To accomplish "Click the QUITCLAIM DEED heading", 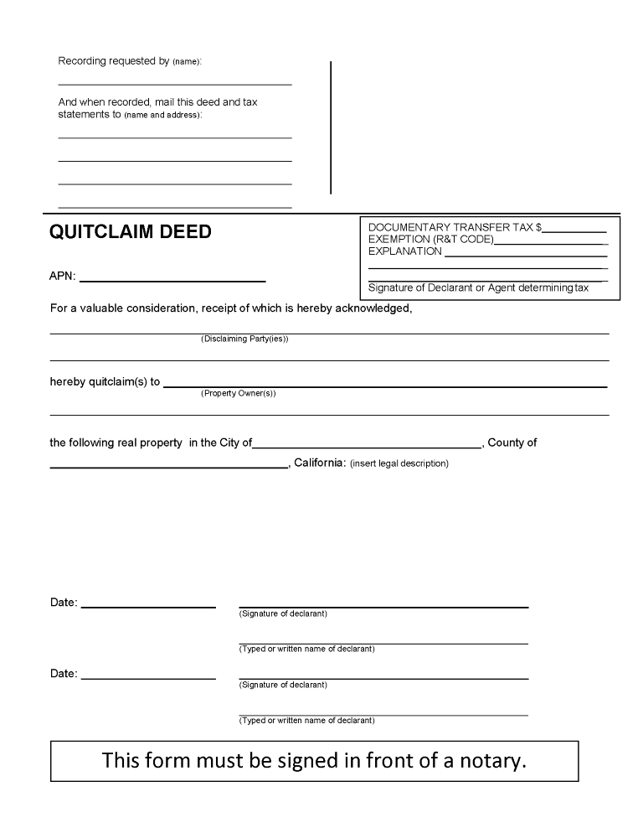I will pyautogui.click(x=131, y=232).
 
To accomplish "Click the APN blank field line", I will pyautogui.click(x=172, y=280).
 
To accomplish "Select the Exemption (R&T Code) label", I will pyautogui.click(x=431, y=240).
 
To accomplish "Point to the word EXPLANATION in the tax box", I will pyautogui.click(x=405, y=251).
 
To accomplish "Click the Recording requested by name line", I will pyautogui.click(x=174, y=84).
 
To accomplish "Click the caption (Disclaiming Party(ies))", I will pyautogui.click(x=244, y=339).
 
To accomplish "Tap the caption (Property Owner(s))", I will pyautogui.click(x=238, y=393).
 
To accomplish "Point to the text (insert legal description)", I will pyautogui.click(x=399, y=463).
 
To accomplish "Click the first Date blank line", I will pyautogui.click(x=148, y=606).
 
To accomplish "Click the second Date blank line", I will pyautogui.click(x=148, y=677).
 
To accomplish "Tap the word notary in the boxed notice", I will pyautogui.click(x=495, y=761).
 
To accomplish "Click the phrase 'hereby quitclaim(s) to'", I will pyautogui.click(x=105, y=381).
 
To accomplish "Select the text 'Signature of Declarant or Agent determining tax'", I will pyautogui.click(x=479, y=287).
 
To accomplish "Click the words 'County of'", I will pyautogui.click(x=512, y=442).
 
